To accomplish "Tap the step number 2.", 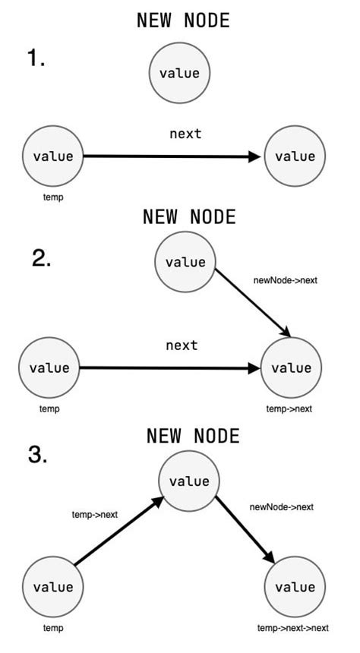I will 41,259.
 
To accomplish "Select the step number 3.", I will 38,455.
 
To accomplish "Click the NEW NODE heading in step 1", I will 182,21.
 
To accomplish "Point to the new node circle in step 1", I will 179,74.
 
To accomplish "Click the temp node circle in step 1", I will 53,156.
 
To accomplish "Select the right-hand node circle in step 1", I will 294,156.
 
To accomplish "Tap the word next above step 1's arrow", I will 185,134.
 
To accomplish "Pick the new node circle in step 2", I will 185,262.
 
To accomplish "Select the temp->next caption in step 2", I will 289,409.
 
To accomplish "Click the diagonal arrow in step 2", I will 254,304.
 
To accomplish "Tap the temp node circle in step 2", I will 49,368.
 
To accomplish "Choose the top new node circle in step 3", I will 188,481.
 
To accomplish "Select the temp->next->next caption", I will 292,628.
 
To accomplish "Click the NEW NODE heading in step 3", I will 192,436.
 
